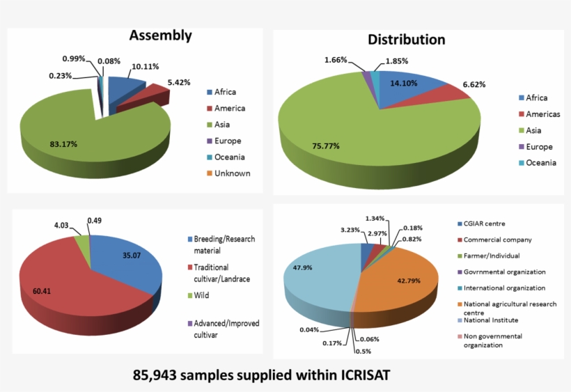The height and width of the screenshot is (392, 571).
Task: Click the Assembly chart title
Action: click(160, 36)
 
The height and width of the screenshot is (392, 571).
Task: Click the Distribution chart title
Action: click(406, 40)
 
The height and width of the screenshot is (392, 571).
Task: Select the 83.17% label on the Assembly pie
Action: click(63, 144)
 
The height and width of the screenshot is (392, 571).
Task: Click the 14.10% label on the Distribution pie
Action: click(405, 82)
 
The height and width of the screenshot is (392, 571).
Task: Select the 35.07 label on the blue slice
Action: click(130, 256)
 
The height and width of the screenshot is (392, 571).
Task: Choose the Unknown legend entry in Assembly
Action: click(233, 173)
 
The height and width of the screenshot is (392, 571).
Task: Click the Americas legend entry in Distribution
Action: click(542, 114)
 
